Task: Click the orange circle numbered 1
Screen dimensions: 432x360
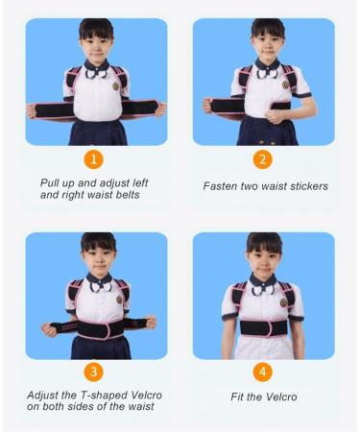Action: pos(96,158)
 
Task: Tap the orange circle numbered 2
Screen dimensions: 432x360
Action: pos(263,158)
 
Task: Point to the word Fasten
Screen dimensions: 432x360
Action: pos(223,185)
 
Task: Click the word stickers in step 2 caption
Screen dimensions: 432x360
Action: pos(304,185)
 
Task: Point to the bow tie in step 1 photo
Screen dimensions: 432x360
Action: pos(95,69)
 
